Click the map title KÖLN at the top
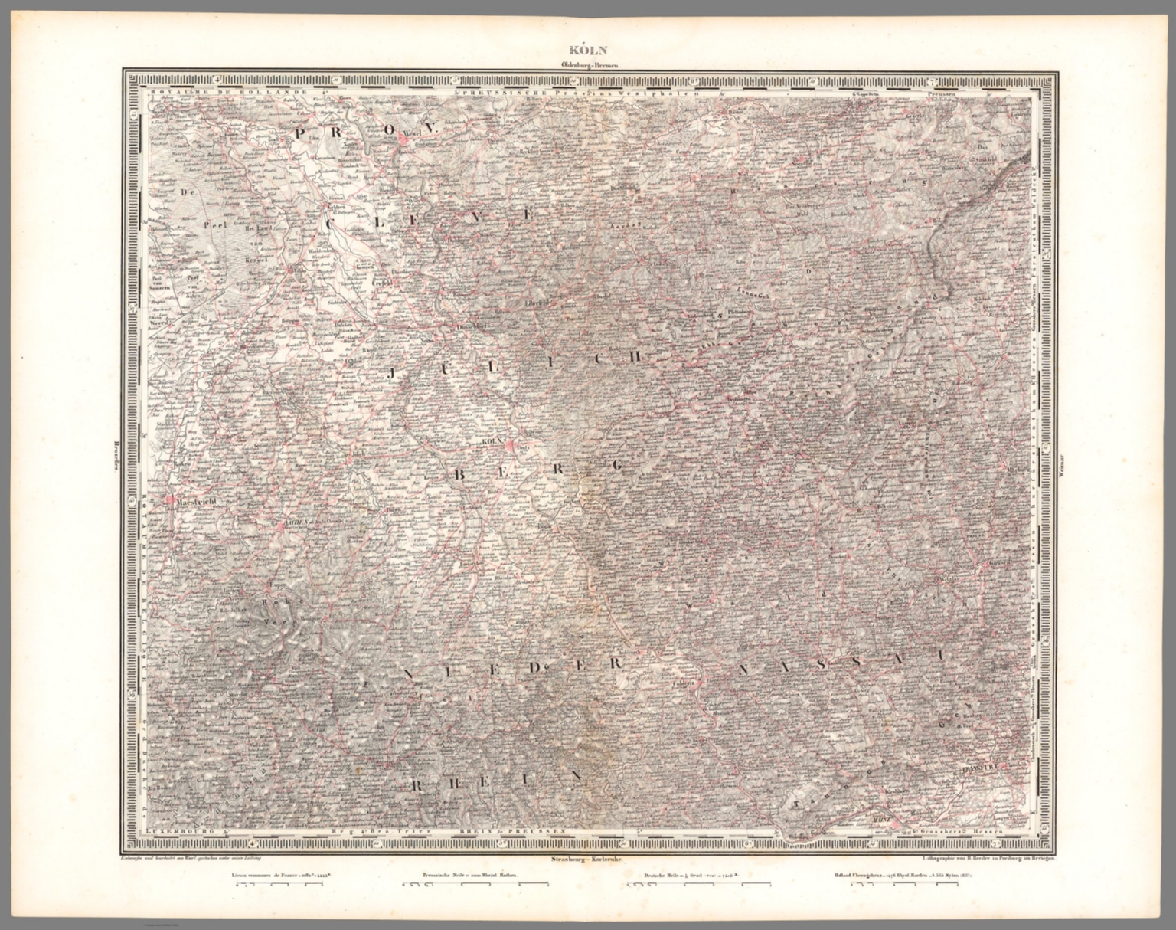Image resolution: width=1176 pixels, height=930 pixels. point(588,54)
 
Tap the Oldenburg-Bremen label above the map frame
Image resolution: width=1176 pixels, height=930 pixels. point(587,67)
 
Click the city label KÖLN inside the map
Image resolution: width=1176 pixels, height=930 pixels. point(489,443)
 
